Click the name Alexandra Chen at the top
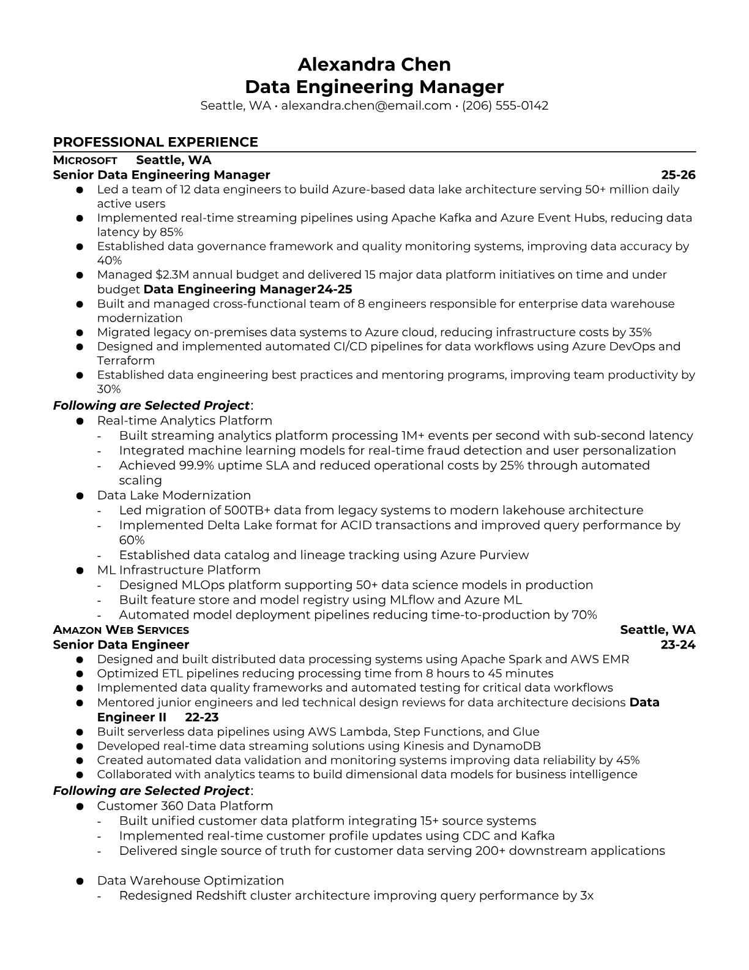[x=374, y=64]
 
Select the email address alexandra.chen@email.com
[x=366, y=105]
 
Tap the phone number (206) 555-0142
[x=505, y=105]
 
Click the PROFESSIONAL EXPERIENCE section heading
[x=155, y=142]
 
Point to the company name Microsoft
[x=85, y=160]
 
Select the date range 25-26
[x=678, y=175]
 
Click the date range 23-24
[x=678, y=645]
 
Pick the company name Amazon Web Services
[x=121, y=630]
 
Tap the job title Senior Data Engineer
[x=121, y=645]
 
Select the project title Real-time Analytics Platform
[x=184, y=421]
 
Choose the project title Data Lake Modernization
[x=174, y=495]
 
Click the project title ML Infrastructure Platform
[x=179, y=570]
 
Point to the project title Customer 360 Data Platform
[x=185, y=806]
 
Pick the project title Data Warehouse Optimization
[x=190, y=881]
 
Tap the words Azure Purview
[x=484, y=555]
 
